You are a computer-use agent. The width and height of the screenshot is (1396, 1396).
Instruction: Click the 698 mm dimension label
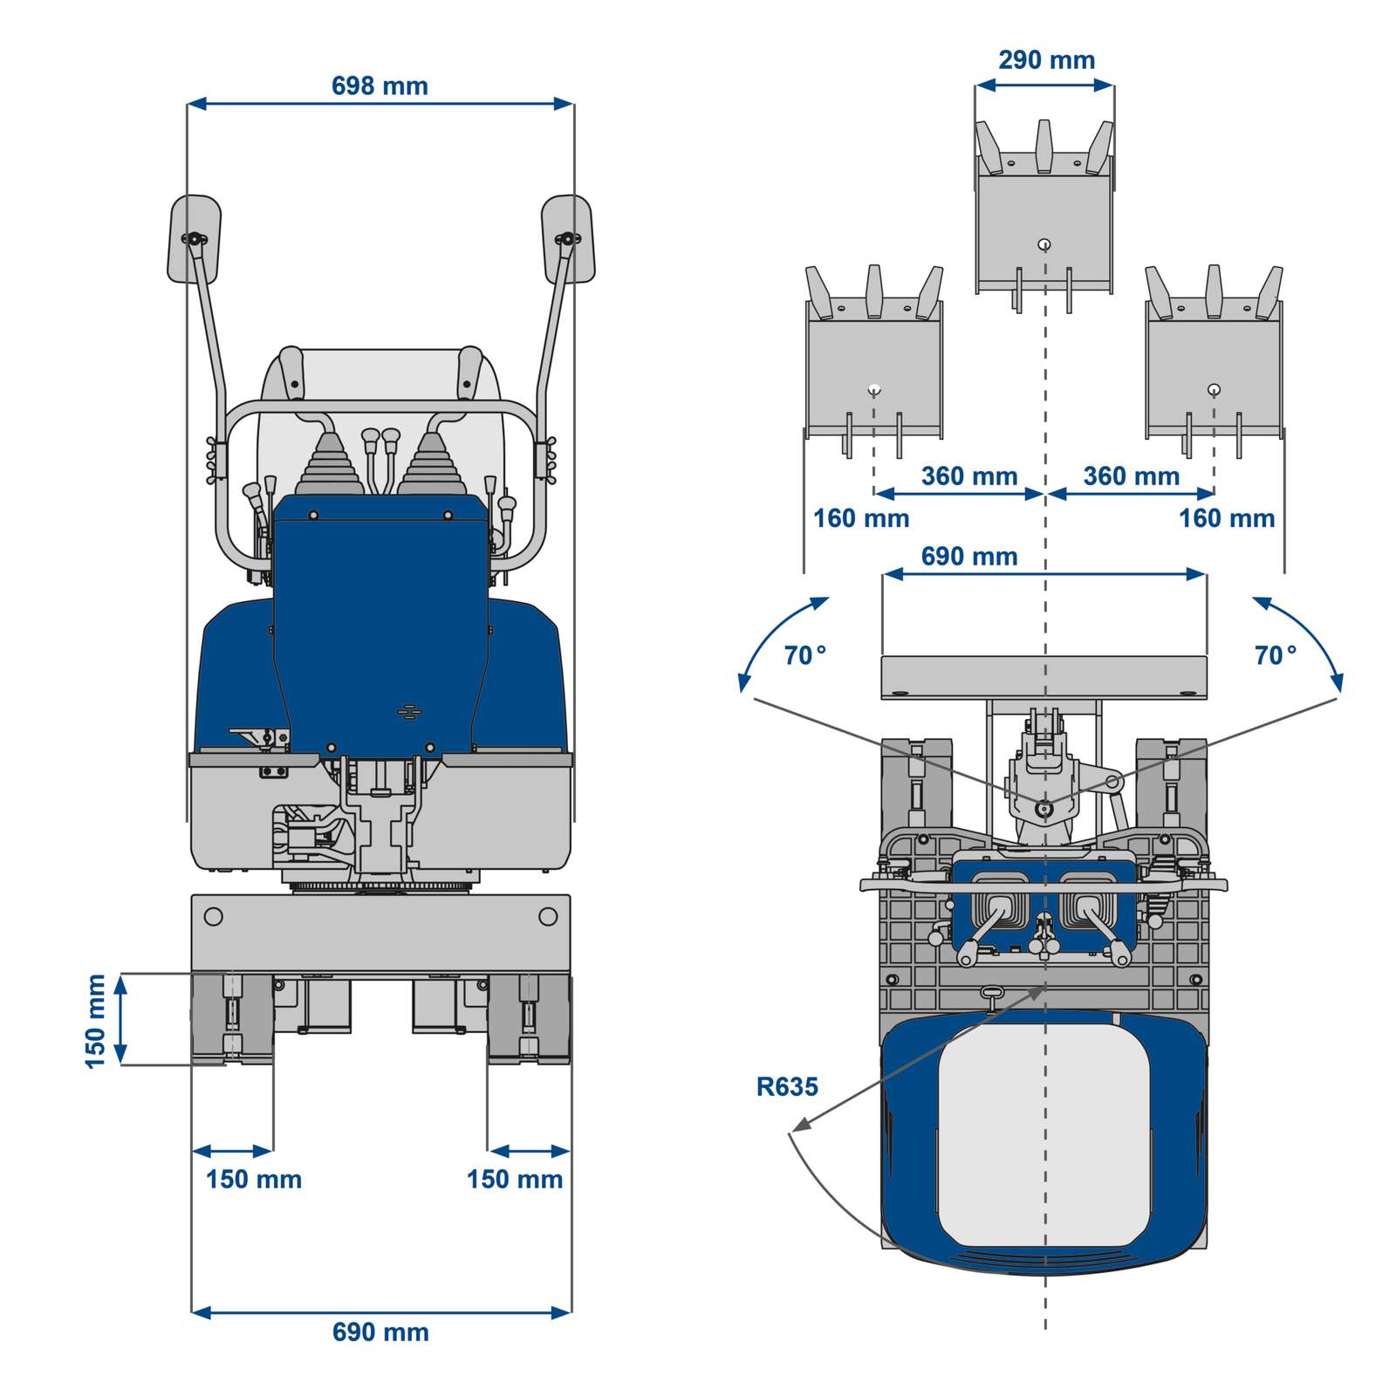380,86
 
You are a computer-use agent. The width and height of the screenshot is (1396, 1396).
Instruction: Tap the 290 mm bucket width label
1046,60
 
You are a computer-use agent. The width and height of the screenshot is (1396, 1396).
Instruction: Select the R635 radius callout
786,1087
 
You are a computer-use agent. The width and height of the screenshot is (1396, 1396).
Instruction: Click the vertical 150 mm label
95,1021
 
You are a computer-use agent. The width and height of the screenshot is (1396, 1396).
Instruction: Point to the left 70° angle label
804,655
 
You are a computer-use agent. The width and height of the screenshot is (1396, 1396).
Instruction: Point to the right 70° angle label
1275,655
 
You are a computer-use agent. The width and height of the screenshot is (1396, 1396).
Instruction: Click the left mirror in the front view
194,239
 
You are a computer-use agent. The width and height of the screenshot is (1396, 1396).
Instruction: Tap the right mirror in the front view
568,239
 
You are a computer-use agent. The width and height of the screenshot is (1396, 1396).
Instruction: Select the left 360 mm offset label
968,476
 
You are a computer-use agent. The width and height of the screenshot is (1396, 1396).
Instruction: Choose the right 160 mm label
1226,519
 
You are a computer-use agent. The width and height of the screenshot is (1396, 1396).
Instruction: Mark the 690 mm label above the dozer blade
968,557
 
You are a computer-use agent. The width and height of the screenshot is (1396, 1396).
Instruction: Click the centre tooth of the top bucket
1044,146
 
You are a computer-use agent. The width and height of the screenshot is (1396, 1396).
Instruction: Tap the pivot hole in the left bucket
874,389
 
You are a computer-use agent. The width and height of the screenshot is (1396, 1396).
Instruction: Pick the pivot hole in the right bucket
1213,389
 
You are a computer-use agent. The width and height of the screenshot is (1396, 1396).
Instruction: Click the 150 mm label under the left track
253,1180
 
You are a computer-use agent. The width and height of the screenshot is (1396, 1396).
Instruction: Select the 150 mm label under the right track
514,1180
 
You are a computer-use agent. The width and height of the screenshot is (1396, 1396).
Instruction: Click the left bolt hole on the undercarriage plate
212,917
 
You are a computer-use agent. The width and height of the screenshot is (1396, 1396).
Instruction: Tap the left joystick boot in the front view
328,462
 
